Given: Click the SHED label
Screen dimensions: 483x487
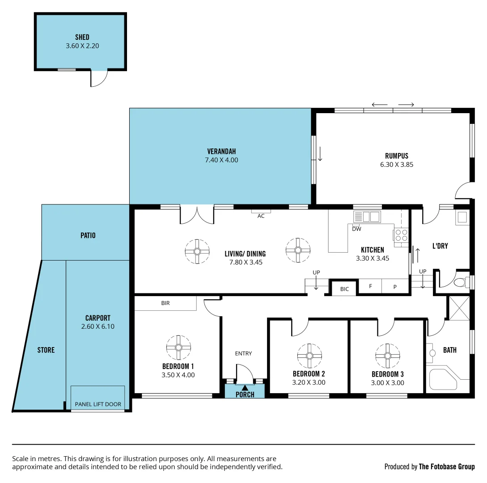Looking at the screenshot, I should [x=82, y=38].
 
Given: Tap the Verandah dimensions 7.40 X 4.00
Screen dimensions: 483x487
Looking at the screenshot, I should [x=221, y=160].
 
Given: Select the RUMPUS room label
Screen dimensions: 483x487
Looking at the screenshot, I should [x=397, y=156].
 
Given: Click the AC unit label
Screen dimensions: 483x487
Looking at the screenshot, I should [x=261, y=216].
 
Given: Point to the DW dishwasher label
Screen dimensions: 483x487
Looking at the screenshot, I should [x=356, y=229].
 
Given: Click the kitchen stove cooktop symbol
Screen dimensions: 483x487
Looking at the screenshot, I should [x=401, y=235].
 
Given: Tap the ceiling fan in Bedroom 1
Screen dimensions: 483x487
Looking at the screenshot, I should [x=178, y=347].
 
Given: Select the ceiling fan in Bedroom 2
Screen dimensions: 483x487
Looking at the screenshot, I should [x=309, y=356].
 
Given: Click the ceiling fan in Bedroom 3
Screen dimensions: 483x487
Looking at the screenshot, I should [x=388, y=356].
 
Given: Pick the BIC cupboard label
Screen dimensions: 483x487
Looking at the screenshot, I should [x=344, y=289].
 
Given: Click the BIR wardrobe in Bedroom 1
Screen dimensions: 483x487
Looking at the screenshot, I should [x=165, y=303].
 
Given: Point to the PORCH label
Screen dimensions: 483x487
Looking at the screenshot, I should [x=245, y=394].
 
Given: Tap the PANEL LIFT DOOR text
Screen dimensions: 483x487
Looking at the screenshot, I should [x=98, y=404].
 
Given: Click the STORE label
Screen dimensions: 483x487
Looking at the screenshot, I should [x=46, y=350].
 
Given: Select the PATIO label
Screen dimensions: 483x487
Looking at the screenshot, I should [x=88, y=235].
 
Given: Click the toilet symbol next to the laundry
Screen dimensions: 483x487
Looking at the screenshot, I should [x=458, y=283].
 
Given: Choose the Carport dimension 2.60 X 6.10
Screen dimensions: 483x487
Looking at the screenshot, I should [x=98, y=326].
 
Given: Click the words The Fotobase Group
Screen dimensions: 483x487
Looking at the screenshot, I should [x=446, y=467].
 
